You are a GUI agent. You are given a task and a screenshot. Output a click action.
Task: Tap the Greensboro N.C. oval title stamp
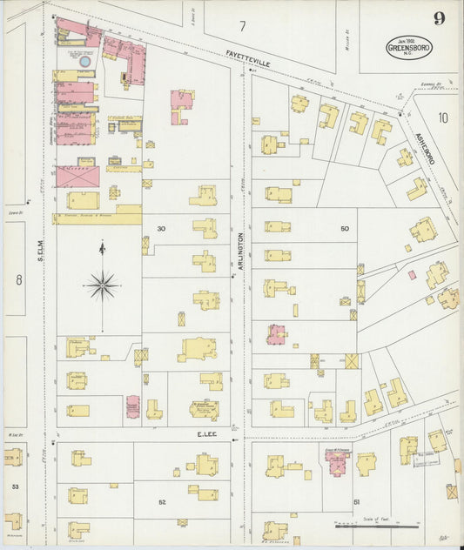point(401,46)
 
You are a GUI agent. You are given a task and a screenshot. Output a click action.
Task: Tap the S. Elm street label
point(40,252)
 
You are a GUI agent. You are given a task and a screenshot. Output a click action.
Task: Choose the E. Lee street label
point(205,433)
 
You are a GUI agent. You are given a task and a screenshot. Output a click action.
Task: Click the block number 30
point(160,229)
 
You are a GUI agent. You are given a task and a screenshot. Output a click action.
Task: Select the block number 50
point(344,229)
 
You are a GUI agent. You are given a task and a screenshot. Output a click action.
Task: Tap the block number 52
point(161,503)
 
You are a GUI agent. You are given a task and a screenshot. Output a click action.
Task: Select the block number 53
point(14,486)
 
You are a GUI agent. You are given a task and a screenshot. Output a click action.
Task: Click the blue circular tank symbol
point(84,62)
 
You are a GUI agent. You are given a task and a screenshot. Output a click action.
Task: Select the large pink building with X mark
point(77,177)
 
